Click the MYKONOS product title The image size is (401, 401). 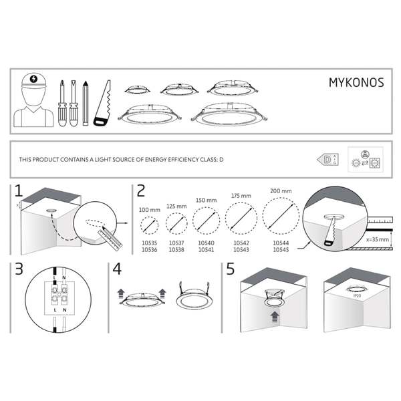(x=355, y=83)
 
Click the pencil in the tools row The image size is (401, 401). (x=86, y=103)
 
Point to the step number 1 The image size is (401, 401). (x=19, y=192)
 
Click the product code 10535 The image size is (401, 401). (x=149, y=244)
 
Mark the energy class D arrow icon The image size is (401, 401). (x=326, y=160)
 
